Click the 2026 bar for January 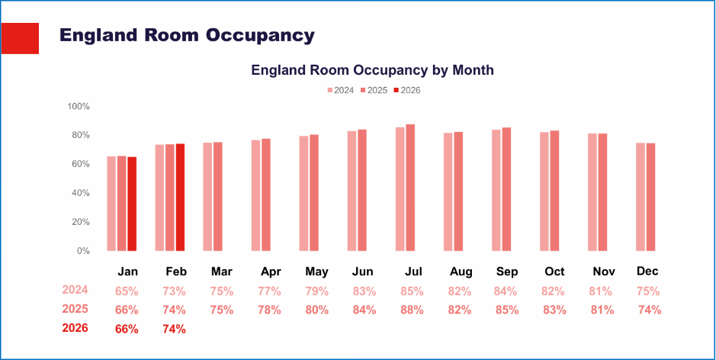pos(132,204)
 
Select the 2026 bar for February pos(180,198)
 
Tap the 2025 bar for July pos(410,188)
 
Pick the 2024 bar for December pos(641,197)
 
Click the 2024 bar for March pos(207,197)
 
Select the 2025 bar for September pos(506,189)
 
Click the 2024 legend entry pos(341,90)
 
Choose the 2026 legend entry pos(406,90)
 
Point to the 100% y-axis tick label pos(79,106)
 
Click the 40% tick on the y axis pos(80,193)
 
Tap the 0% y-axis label pos(82,251)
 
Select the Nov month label pos(604,272)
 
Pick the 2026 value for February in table pos(174,329)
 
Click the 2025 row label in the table pos(75,309)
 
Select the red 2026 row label pos(75,328)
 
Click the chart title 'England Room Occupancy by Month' pos(372,70)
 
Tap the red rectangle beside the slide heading pos(19,38)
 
